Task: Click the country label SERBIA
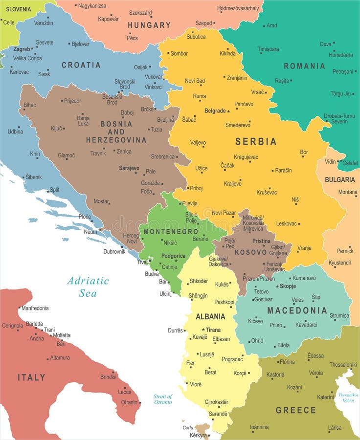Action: [256, 141]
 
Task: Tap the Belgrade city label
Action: [215, 111]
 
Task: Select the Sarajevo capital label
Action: [129, 168]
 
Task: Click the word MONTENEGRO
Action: [171, 231]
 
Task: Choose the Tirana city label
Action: [213, 330]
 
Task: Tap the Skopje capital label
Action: [288, 286]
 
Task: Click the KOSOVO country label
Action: [251, 252]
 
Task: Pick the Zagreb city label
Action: [22, 49]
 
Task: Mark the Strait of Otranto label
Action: [163, 399]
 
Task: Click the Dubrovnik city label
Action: [114, 251]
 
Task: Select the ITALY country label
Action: [31, 377]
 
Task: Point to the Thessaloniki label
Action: [343, 365]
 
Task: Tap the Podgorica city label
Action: [173, 256]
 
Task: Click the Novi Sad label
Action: [195, 81]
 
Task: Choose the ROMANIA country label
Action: [304, 66]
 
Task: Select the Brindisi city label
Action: [109, 377]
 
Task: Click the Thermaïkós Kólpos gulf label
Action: [348, 397]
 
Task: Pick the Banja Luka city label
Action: [83, 121]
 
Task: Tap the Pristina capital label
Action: [261, 241]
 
